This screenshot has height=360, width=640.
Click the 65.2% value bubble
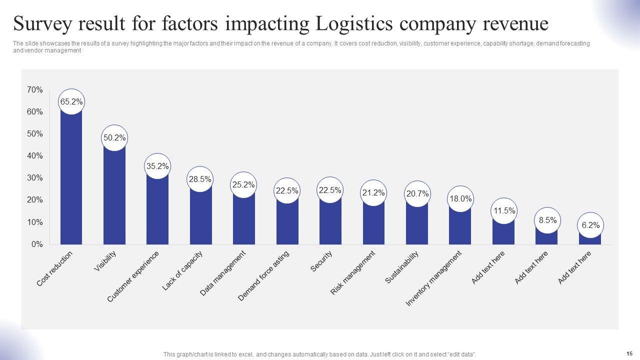point(71,102)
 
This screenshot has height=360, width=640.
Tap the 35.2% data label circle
point(157,166)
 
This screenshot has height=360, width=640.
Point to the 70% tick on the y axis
point(35,90)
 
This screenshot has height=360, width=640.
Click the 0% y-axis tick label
point(37,244)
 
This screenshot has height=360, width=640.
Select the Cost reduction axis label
point(55,268)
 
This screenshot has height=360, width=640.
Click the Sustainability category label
point(401,267)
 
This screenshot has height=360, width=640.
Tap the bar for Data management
point(243,220)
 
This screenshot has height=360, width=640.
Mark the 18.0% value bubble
point(460,199)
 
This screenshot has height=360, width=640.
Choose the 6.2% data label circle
point(590,225)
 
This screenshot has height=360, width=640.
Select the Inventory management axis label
point(433,278)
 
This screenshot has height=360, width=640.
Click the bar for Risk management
point(373,225)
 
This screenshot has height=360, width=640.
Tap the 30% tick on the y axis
point(35,178)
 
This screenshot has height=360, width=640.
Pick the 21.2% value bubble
point(373,192)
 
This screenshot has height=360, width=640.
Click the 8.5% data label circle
point(547,220)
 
